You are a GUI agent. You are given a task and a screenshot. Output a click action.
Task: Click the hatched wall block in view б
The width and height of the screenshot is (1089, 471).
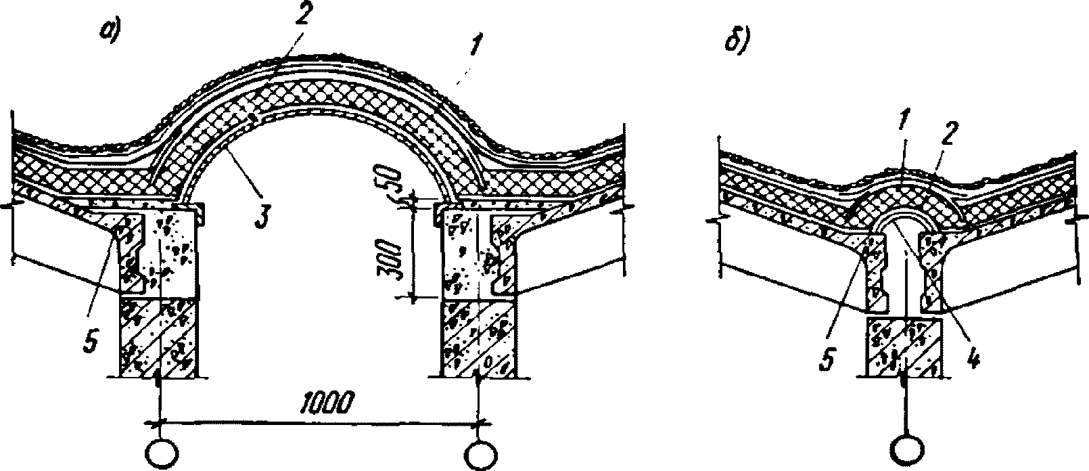[x=905, y=346]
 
